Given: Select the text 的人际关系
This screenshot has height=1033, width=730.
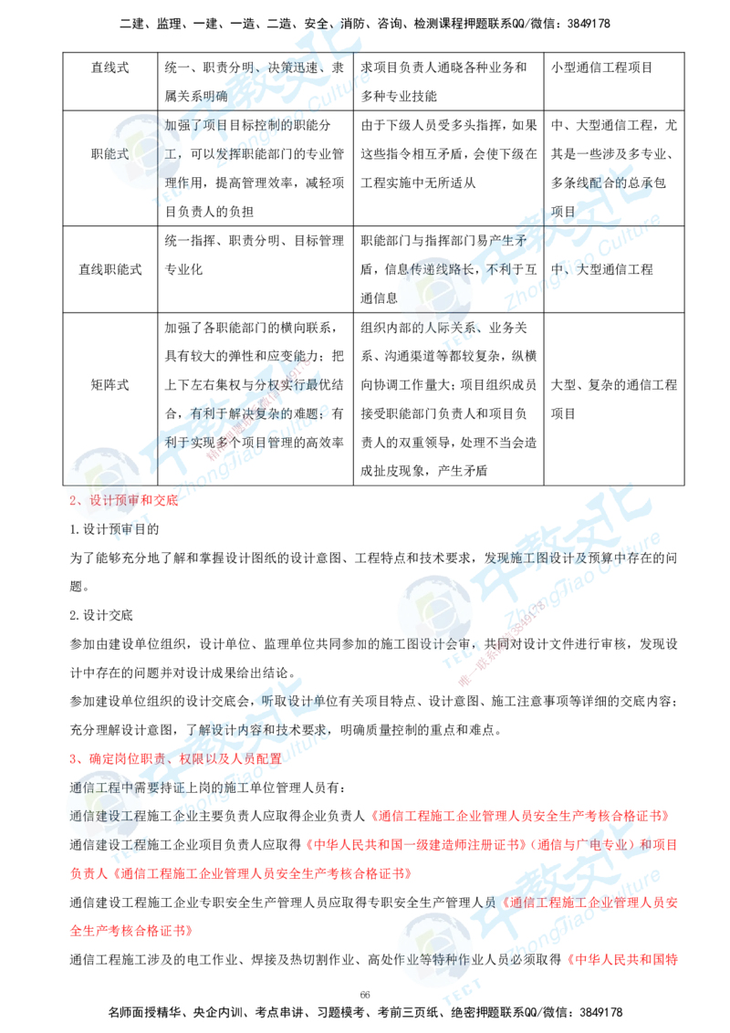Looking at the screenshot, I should coord(442,327).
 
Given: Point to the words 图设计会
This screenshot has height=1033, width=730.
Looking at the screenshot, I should coord(436,643).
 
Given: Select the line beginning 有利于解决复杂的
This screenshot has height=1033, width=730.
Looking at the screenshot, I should coord(255,412).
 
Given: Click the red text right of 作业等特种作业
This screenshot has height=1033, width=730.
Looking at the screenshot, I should coord(622,960).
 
